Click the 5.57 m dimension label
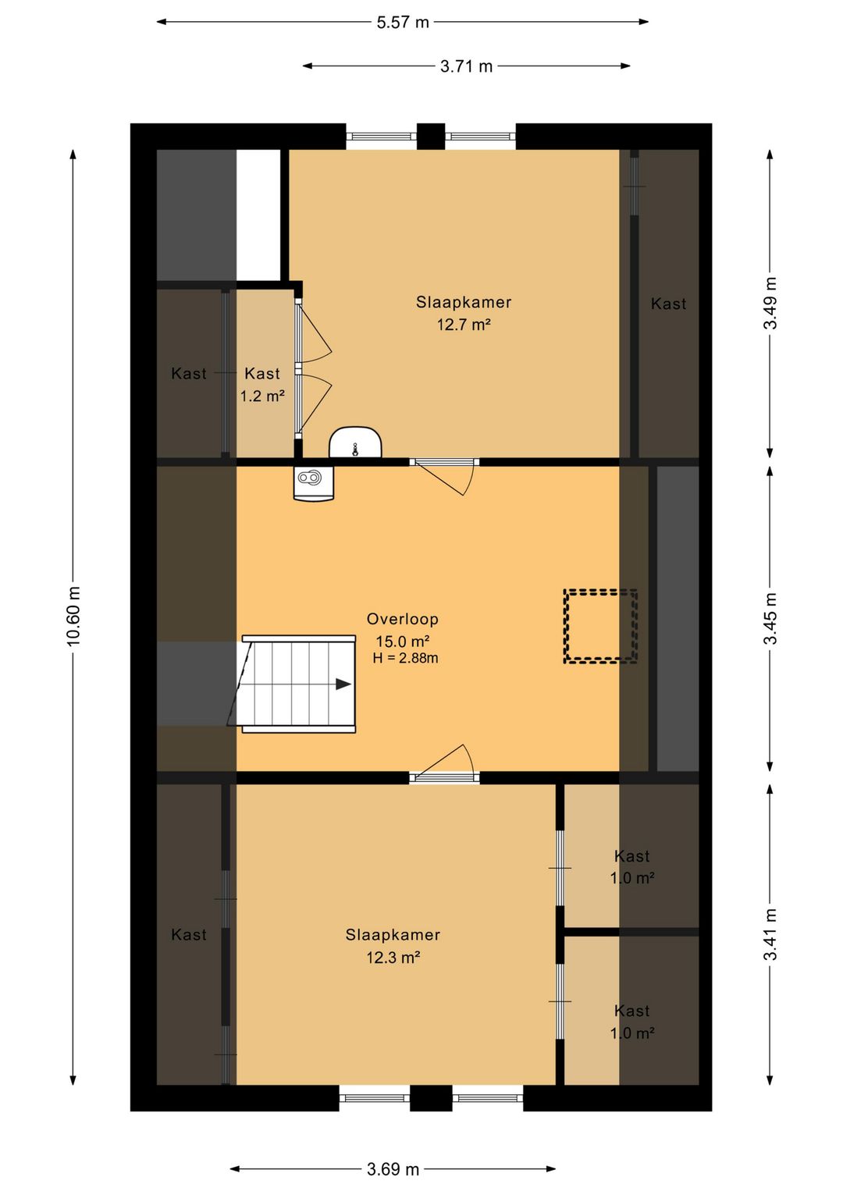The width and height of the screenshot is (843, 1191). point(403,23)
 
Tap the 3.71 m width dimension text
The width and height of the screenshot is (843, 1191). point(467,66)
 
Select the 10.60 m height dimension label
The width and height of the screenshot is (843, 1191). point(73,617)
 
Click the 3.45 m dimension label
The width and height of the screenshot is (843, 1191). point(770,618)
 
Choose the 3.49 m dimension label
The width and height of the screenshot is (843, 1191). point(770,304)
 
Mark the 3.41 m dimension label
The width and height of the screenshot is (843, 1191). point(770,934)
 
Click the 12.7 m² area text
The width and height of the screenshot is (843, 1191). point(463,325)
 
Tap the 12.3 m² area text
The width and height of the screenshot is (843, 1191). point(393,958)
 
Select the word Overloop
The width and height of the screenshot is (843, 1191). point(403,619)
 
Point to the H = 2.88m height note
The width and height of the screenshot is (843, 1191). point(405,658)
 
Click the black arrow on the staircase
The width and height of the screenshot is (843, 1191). point(343,684)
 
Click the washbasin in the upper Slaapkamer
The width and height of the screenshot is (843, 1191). point(355,442)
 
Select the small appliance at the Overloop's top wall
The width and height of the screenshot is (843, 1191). point(313,483)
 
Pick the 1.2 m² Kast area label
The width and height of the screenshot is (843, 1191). point(262,396)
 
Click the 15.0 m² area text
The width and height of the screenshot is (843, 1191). point(403,641)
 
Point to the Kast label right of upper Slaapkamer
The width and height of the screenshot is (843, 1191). point(669,304)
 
